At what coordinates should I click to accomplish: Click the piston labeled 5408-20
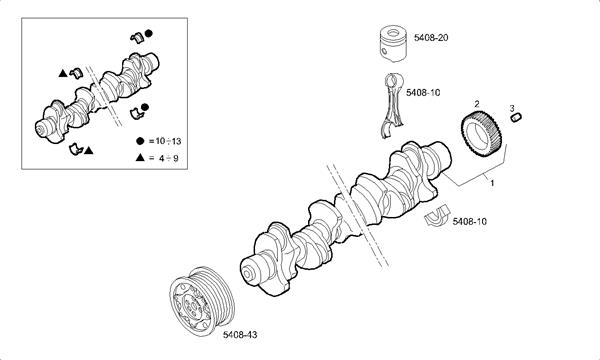pos(393,44)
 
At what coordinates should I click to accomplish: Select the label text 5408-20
pos(431,37)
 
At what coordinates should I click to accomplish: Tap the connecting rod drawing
pos(393,105)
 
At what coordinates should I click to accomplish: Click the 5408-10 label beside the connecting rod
pos(423,92)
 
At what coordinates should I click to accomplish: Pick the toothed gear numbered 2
pos(481,133)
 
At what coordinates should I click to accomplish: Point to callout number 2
pos(477,103)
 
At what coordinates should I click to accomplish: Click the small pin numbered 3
pos(516,117)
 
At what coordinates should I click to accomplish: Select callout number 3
pos(512,109)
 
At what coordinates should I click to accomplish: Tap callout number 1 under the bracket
pos(492,183)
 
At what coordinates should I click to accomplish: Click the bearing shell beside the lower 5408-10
pos(437,217)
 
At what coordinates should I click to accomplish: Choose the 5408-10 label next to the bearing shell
pos(470,222)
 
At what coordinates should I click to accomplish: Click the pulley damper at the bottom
pos(202,301)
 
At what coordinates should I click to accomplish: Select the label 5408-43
pos(240,335)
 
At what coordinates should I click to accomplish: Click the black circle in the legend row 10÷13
pos(140,141)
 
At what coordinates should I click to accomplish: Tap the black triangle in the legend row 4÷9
pos(140,157)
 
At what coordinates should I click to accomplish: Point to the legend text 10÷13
pos(168,141)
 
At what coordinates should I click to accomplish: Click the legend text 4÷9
pos(169,158)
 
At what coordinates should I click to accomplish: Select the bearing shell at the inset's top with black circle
pos(137,37)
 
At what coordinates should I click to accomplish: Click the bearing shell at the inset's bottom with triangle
pos(76,148)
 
